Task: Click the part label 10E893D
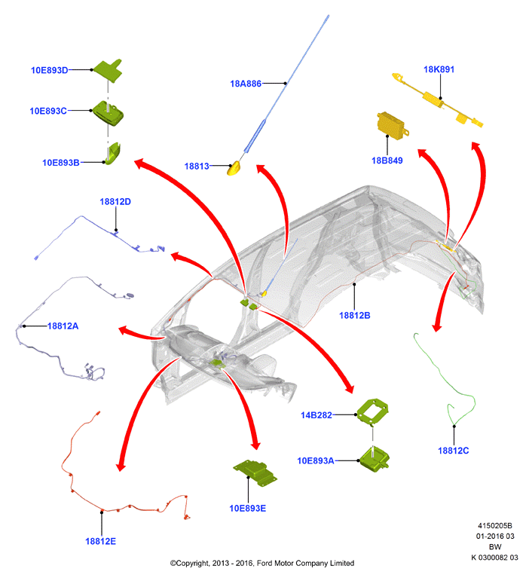(x=50, y=70)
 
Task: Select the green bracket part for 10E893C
(x=108, y=113)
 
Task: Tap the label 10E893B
(x=61, y=163)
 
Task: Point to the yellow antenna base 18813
(x=234, y=169)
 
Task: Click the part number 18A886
(x=246, y=84)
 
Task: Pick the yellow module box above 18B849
(x=393, y=126)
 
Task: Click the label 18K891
(x=439, y=69)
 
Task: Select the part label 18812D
(x=115, y=202)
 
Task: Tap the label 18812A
(x=63, y=326)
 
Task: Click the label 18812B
(x=355, y=315)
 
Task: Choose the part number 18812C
(x=454, y=451)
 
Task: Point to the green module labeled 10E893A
(x=375, y=459)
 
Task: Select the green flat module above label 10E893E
(x=255, y=472)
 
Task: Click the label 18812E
(x=101, y=541)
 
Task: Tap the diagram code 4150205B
(x=495, y=526)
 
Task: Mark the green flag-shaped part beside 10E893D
(x=108, y=70)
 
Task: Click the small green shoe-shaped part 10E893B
(x=113, y=153)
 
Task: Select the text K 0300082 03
(x=495, y=558)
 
